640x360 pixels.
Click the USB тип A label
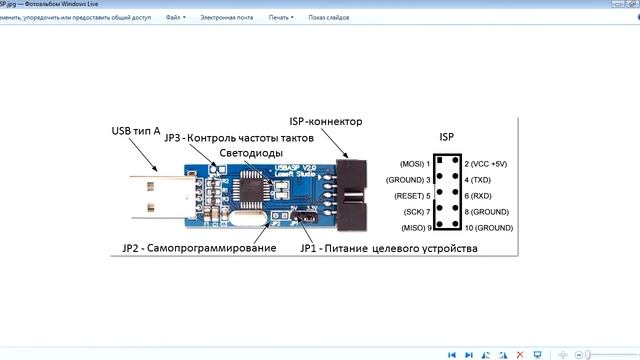tap(136, 131)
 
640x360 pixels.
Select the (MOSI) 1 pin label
tap(415, 163)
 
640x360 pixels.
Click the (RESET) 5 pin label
tap(412, 196)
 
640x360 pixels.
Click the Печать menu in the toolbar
tap(283, 18)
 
